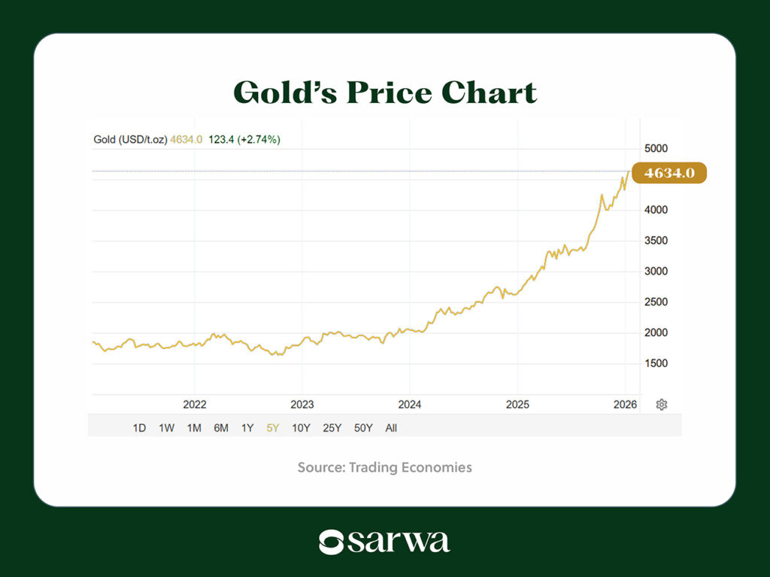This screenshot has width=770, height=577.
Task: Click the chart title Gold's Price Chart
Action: (385, 93)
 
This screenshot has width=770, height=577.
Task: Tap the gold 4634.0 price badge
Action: (668, 173)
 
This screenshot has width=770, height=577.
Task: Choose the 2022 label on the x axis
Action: (195, 405)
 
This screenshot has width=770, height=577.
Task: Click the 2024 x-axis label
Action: (410, 405)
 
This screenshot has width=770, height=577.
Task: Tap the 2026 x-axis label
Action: (625, 405)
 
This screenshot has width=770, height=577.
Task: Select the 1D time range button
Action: (139, 428)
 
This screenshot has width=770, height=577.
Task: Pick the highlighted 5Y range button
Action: (272, 428)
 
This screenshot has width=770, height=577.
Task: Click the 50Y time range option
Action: (363, 428)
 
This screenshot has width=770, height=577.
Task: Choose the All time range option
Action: (391, 428)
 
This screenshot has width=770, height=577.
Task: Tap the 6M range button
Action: (221, 428)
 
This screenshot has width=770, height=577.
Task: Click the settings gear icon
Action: (662, 405)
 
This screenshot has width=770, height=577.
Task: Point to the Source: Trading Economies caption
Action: (385, 467)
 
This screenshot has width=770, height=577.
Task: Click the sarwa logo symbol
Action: (331, 542)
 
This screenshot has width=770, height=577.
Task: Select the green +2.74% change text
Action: (259, 139)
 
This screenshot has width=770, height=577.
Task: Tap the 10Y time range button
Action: (301, 428)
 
